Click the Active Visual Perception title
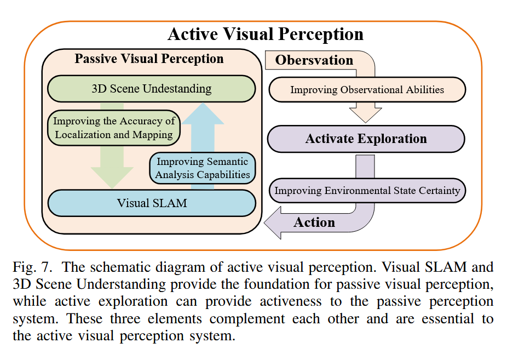(265, 34)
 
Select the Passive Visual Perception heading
(149, 59)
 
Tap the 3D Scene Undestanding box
(151, 88)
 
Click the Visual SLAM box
(152, 203)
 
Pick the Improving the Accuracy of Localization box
(113, 127)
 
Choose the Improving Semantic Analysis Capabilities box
(203, 168)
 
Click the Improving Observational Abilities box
(366, 90)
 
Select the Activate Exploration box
(366, 139)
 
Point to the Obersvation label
(314, 60)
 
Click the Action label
(314, 222)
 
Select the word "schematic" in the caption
(123, 267)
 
